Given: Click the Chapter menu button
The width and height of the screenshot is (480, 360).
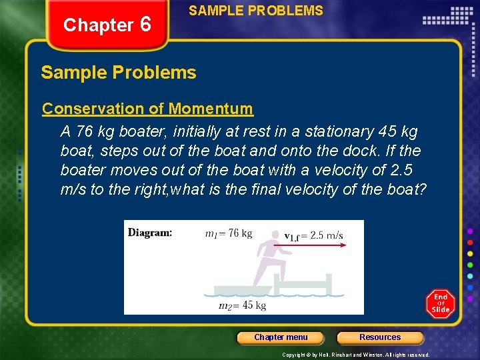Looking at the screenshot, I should tap(281, 337).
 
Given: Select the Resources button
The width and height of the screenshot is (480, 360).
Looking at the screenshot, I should tap(380, 337).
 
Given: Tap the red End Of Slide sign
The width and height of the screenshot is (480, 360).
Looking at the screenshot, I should tap(440, 303).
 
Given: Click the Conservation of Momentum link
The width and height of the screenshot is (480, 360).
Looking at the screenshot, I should tap(147, 109).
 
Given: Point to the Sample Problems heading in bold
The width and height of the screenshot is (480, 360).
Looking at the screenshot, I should tap(119, 73).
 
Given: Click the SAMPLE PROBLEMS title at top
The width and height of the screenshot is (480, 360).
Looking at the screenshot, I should tap(256, 11).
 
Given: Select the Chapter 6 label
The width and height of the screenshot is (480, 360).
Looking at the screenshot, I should tap(107, 25).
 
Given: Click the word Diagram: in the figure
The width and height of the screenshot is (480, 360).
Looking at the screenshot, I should tap(150, 233).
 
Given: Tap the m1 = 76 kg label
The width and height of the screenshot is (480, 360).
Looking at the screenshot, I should tap(229, 233).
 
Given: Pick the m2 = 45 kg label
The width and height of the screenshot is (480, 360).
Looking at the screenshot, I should tap(243, 305).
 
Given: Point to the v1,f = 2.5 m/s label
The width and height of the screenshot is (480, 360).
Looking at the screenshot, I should tap(313, 235).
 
